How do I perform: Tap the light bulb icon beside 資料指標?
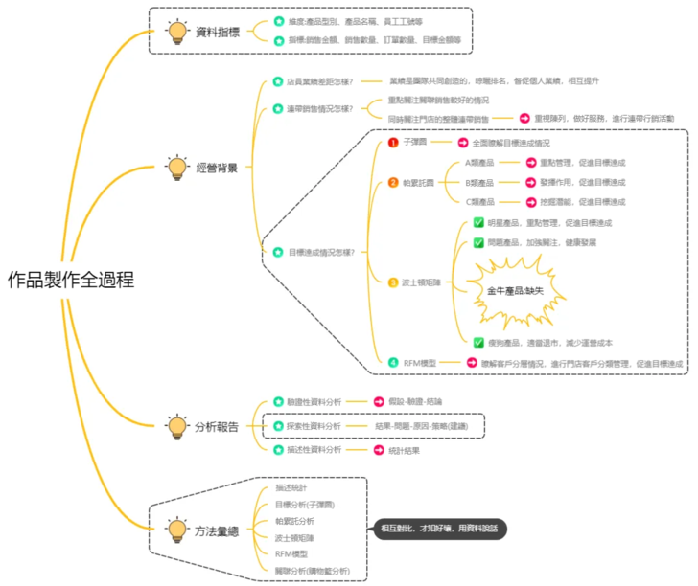coord(176,32)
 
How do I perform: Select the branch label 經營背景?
coord(217,168)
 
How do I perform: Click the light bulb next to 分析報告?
coord(176,426)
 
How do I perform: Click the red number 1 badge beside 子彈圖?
coord(392,142)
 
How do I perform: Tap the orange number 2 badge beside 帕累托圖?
coord(392,182)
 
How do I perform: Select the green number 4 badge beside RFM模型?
coord(392,363)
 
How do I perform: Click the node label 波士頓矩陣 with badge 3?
coord(421,282)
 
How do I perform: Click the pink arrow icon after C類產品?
coord(530,202)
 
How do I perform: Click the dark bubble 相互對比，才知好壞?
coord(438,529)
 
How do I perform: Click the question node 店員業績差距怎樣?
coord(320,82)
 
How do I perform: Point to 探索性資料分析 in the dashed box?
coord(314,425)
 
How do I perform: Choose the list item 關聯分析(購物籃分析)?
coord(312,571)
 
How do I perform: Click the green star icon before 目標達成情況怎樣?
coord(277,252)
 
